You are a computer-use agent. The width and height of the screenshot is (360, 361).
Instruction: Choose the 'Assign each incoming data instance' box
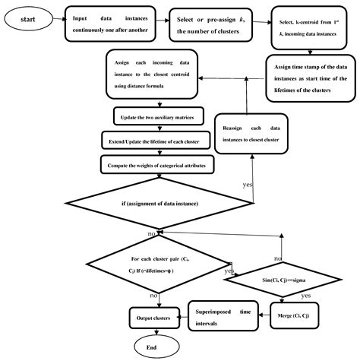[156, 79]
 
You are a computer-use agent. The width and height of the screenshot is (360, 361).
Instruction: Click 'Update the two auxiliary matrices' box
[157, 118]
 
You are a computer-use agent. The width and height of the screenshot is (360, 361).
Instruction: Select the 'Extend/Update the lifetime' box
[156, 141]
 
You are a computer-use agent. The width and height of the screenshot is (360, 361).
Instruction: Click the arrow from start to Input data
[58, 17]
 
